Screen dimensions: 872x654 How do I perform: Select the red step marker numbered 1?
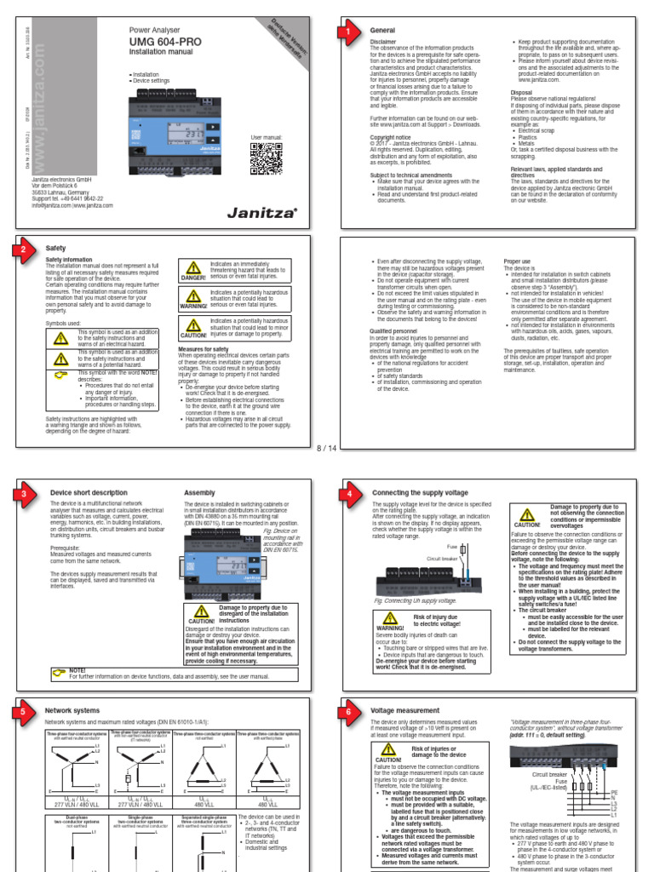tap(348, 32)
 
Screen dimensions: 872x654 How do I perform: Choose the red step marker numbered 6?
tap(348, 710)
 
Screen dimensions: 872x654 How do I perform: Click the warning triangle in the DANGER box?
tap(192, 270)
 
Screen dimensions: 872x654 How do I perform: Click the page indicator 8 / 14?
tap(327, 447)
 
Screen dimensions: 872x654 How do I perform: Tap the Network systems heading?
tap(72, 710)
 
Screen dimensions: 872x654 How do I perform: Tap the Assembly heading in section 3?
tap(199, 493)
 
